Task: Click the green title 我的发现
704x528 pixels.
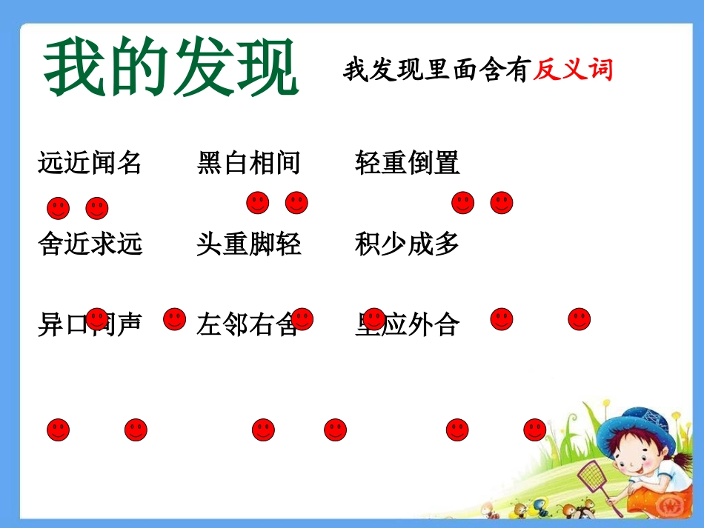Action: [171, 69]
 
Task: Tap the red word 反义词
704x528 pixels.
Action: [573, 70]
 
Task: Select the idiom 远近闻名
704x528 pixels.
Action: [90, 163]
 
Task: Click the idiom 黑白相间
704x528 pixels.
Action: [249, 163]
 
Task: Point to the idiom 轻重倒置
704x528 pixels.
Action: [407, 163]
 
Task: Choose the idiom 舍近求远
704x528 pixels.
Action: [90, 244]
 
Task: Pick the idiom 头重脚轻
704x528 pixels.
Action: [249, 244]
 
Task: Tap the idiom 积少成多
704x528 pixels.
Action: [407, 244]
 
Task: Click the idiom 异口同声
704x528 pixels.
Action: [90, 324]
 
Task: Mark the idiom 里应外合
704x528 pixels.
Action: [407, 324]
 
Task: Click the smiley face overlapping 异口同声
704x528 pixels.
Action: [97, 319]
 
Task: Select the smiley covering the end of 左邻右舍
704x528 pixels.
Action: [302, 319]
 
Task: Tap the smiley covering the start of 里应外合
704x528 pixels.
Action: [374, 319]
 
